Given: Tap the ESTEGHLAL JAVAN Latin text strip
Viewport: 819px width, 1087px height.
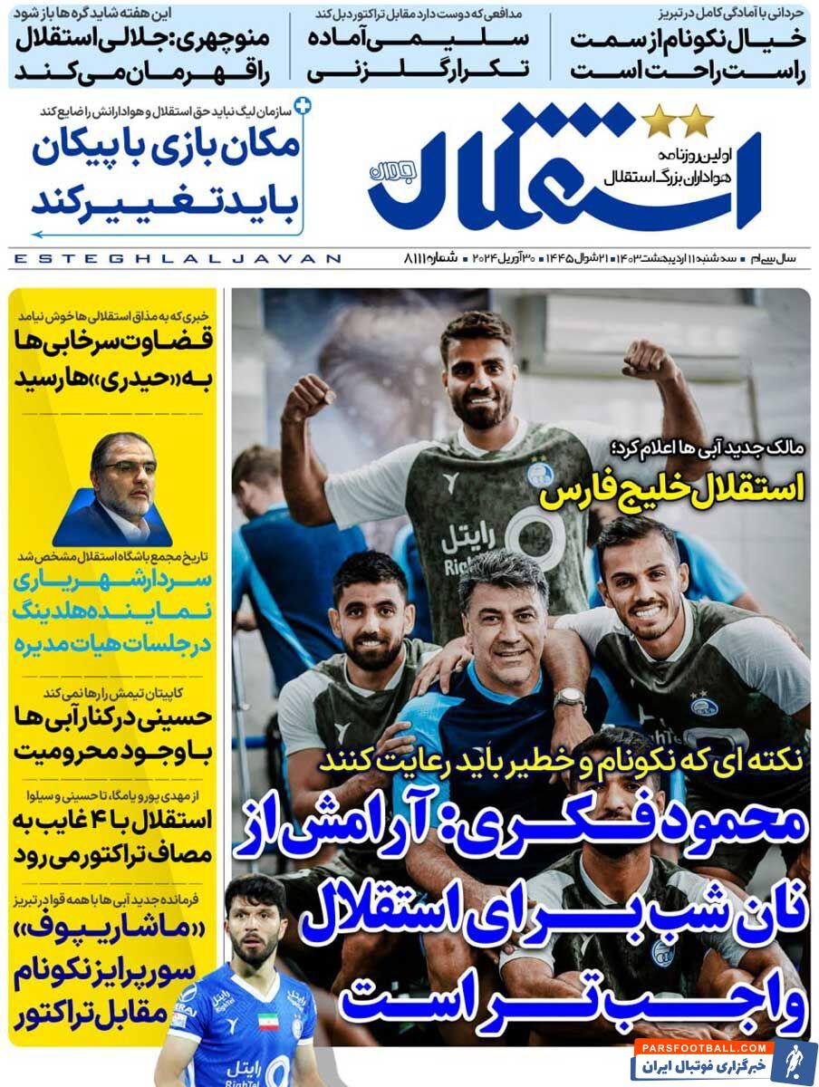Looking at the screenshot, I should [178, 259].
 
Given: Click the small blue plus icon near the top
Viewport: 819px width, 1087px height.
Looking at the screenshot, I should [304, 106].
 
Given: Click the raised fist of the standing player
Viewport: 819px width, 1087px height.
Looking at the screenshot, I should [650, 360].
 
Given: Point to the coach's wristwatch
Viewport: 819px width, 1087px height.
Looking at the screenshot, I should [569, 698].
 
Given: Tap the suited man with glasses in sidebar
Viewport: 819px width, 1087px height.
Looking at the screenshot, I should [121, 489].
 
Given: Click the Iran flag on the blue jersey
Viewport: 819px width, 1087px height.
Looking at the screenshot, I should [268, 1022].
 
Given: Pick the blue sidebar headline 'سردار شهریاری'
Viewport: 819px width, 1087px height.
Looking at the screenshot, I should [113, 581].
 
